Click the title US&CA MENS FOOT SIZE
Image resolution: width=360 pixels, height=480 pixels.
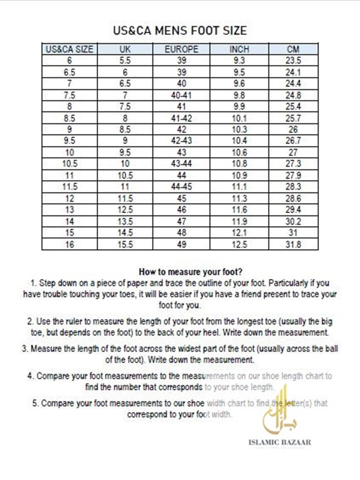tap(180, 31)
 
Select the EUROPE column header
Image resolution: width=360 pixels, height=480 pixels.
tap(181, 49)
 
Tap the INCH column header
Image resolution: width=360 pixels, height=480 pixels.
tap(238, 49)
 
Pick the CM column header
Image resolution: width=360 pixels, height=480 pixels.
tap(293, 49)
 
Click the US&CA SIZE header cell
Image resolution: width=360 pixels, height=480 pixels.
tap(69, 49)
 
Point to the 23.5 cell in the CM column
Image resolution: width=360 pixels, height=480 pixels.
tap(293, 60)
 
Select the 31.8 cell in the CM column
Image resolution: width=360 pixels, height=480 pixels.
tap(293, 244)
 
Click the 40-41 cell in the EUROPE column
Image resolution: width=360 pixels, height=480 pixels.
tap(181, 95)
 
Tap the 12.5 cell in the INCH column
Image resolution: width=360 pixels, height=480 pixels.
tap(238, 244)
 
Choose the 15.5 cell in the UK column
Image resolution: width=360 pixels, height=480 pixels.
tap(125, 244)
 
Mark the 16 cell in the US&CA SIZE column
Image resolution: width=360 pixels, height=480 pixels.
tap(69, 244)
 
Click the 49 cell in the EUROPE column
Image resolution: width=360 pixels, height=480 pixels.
tap(181, 244)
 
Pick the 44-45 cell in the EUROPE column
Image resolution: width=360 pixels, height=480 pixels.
tap(181, 187)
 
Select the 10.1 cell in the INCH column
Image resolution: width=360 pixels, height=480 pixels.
tap(238, 118)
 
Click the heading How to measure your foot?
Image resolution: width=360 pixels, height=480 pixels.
tap(190, 272)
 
